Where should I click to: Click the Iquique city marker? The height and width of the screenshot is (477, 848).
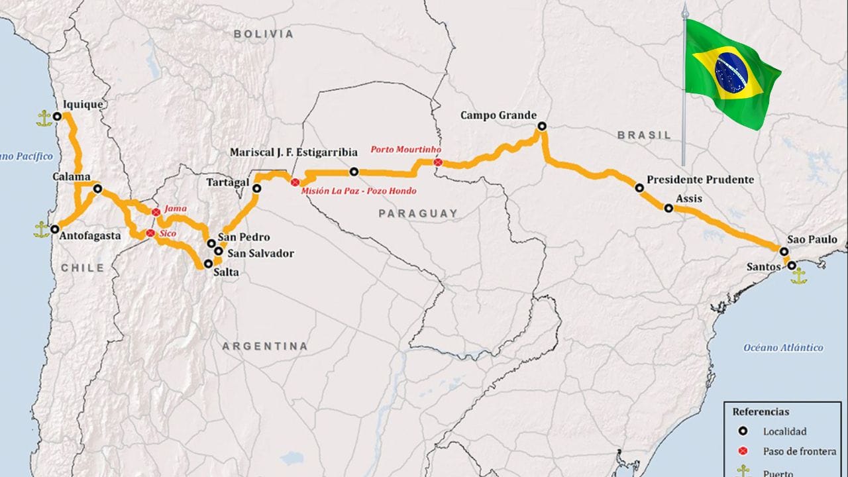57,116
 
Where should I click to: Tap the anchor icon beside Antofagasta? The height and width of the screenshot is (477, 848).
42,229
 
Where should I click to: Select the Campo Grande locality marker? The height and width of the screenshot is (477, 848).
542,126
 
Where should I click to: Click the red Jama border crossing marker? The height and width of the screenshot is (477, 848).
156,212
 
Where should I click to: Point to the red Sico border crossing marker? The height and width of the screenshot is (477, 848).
150,233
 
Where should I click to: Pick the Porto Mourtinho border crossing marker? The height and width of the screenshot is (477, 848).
437,162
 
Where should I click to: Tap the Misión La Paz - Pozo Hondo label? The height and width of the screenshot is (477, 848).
358,191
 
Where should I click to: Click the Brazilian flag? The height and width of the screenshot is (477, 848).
731,73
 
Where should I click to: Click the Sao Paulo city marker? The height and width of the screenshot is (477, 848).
784,252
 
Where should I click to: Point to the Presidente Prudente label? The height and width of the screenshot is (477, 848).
700,180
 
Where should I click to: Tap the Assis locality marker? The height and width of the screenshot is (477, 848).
668,208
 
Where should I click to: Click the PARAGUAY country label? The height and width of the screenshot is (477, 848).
418,213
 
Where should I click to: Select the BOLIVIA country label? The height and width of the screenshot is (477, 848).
264,34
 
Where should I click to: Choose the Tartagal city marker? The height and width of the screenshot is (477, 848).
257,189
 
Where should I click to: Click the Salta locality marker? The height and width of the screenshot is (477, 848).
209,263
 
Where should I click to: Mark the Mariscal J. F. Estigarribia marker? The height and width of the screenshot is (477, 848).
354,172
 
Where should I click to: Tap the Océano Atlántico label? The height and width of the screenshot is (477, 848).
783,348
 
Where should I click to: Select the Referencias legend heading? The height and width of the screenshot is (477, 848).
761,411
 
